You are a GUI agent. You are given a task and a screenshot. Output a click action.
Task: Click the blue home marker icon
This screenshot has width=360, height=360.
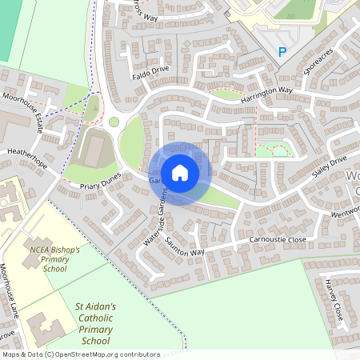coord(180,173)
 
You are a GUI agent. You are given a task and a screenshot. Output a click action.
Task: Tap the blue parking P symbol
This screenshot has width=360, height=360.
coord(282,52)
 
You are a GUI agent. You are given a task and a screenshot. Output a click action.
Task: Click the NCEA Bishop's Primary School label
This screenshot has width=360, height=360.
coord(54,259)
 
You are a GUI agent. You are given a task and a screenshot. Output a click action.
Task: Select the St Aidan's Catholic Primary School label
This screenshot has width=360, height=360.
coord(95,323)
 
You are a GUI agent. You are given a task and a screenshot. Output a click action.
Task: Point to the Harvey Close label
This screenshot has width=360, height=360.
coord(334,298)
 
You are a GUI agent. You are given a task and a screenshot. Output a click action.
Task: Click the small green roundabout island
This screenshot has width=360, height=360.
coord(114,122)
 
